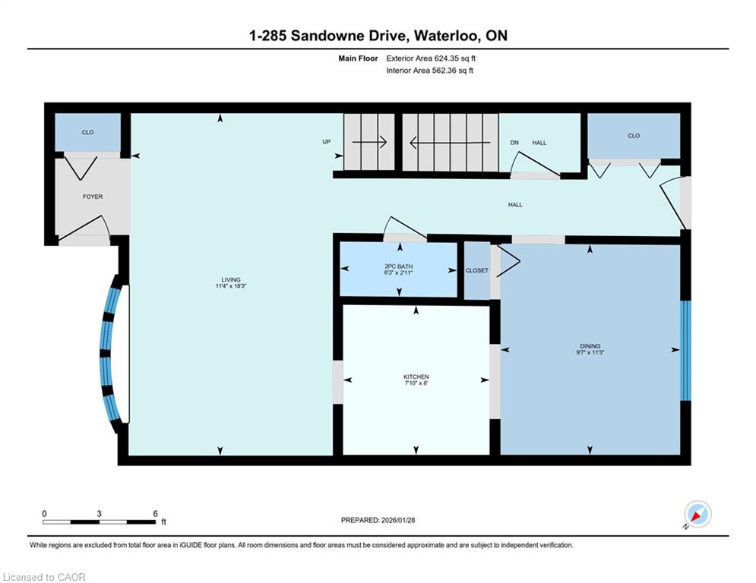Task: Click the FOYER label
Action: click(x=93, y=197)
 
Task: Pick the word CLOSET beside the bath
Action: click(x=477, y=271)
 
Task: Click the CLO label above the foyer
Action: click(x=87, y=132)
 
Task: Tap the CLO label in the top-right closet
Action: click(x=634, y=136)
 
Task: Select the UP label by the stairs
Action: click(x=327, y=142)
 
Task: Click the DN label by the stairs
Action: click(x=514, y=143)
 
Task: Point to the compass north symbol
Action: click(x=697, y=514)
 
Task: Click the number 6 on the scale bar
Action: click(x=155, y=514)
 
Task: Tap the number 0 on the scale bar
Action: click(x=44, y=514)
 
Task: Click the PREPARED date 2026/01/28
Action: click(x=398, y=520)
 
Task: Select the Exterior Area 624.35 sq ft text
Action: click(x=431, y=58)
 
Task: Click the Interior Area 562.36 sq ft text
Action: click(x=429, y=71)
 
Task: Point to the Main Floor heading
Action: click(x=358, y=58)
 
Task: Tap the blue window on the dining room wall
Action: click(x=685, y=351)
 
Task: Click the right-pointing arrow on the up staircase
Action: click(x=369, y=142)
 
